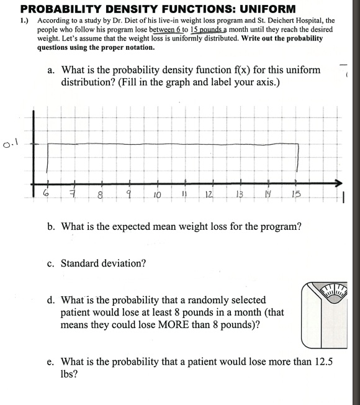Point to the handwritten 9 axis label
[130, 196]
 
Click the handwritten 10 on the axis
[157, 196]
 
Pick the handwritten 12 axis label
[210, 196]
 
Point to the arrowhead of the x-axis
[338, 183]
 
